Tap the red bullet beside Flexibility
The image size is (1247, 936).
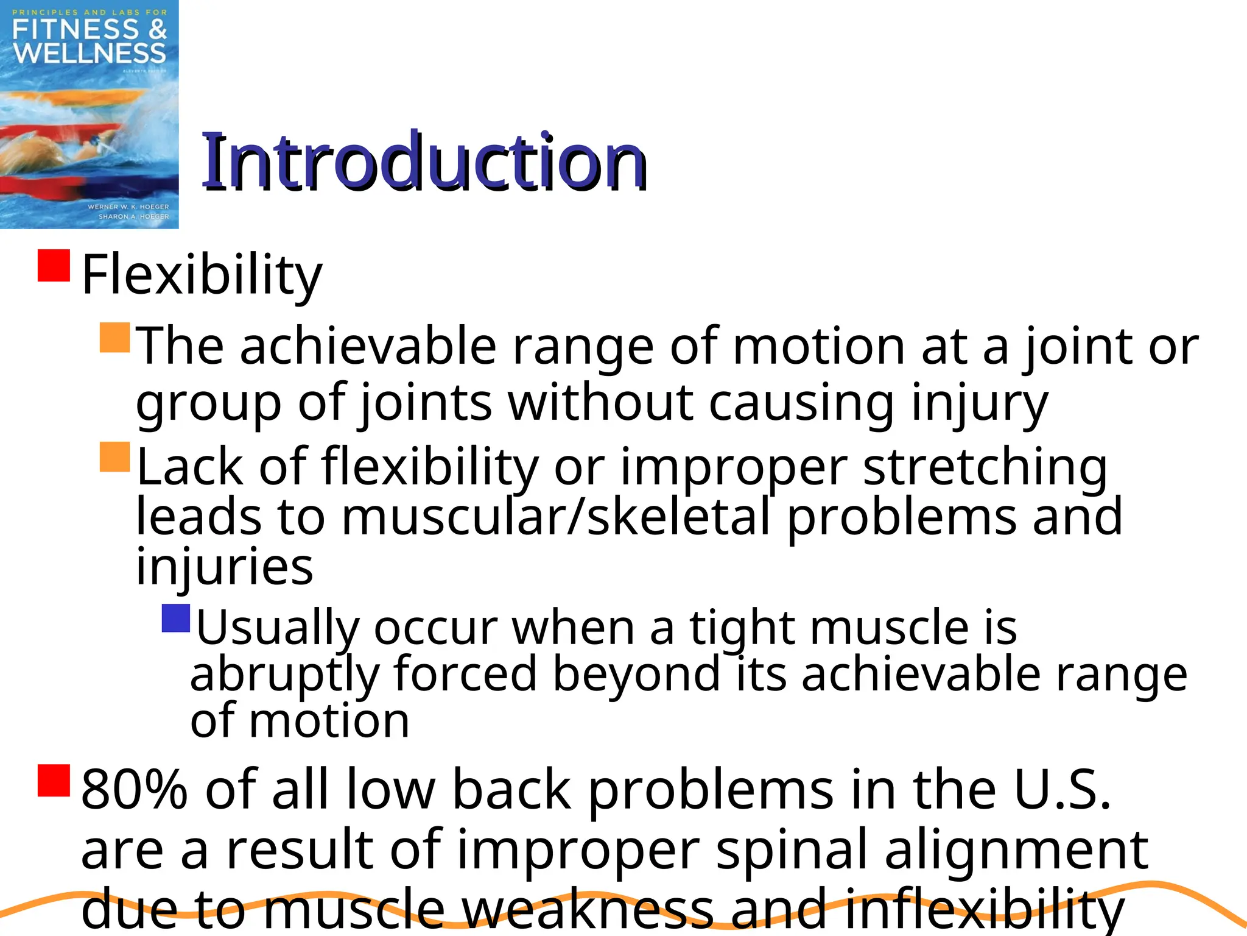[x=54, y=265]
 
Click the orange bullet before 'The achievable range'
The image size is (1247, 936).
[x=115, y=338]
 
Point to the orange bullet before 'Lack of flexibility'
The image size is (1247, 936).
[x=115, y=457]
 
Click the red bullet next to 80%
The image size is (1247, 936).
[x=54, y=781]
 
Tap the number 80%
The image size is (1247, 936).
[x=134, y=790]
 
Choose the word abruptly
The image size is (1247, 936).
[x=284, y=675]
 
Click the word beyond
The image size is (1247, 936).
[x=636, y=674]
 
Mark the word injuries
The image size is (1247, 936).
[x=225, y=567]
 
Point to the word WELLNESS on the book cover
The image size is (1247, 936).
[x=90, y=54]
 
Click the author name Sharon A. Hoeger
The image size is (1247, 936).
[x=133, y=216]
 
